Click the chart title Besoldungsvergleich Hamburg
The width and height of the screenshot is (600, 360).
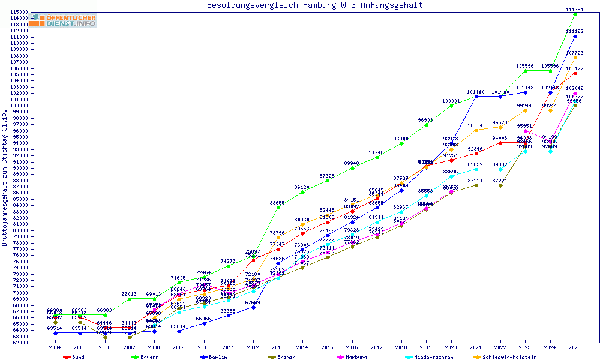click(x=314, y=5)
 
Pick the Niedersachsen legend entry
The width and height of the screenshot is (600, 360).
click(x=433, y=357)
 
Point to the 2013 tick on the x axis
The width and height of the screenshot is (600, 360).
click(x=278, y=347)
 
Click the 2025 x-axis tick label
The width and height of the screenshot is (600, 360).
click(x=575, y=347)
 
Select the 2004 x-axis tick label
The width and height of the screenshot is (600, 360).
click(x=55, y=347)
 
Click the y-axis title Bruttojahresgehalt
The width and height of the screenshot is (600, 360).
click(x=5, y=178)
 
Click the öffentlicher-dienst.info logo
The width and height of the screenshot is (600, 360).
click(x=63, y=20)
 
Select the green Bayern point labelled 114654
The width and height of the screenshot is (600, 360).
click(x=575, y=14)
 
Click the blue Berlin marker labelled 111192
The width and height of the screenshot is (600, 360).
click(x=575, y=36)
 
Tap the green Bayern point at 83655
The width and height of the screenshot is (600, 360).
click(x=278, y=208)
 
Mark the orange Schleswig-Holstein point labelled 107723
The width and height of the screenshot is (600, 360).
click(x=575, y=58)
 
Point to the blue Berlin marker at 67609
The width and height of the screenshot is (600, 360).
click(x=253, y=307)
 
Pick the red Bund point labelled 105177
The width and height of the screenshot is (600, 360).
click(x=575, y=73)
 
